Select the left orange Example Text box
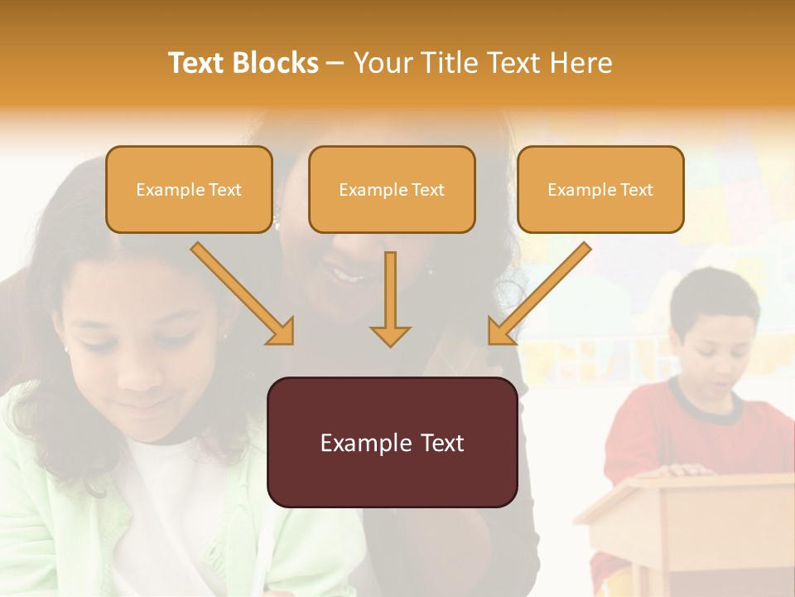(x=189, y=190)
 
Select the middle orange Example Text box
(x=392, y=190)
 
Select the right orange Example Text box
(x=600, y=190)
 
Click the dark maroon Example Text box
(x=392, y=443)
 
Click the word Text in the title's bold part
(x=199, y=63)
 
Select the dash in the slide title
(x=335, y=64)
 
